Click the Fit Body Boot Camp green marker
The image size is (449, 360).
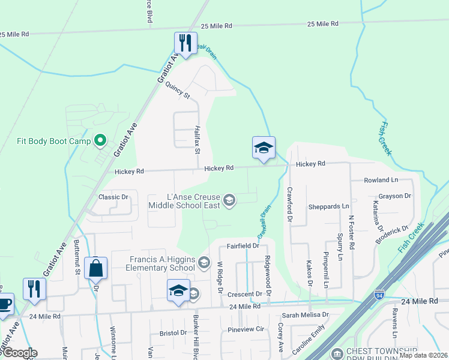101,142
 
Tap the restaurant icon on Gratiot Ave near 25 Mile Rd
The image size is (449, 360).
185,43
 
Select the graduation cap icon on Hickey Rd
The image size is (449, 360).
263,148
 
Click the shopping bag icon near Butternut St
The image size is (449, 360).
96,268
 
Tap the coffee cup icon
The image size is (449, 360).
4,303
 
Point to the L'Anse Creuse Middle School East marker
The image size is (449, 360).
229,200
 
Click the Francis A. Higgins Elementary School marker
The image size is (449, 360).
204,262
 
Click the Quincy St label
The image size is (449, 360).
178,91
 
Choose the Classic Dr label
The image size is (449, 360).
113,197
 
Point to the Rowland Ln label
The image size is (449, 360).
381,180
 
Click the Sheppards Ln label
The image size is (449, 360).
328,206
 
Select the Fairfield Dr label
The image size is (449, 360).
243,246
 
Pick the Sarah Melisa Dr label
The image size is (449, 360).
306,314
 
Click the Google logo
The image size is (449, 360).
19,353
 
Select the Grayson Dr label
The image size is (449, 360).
394,196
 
